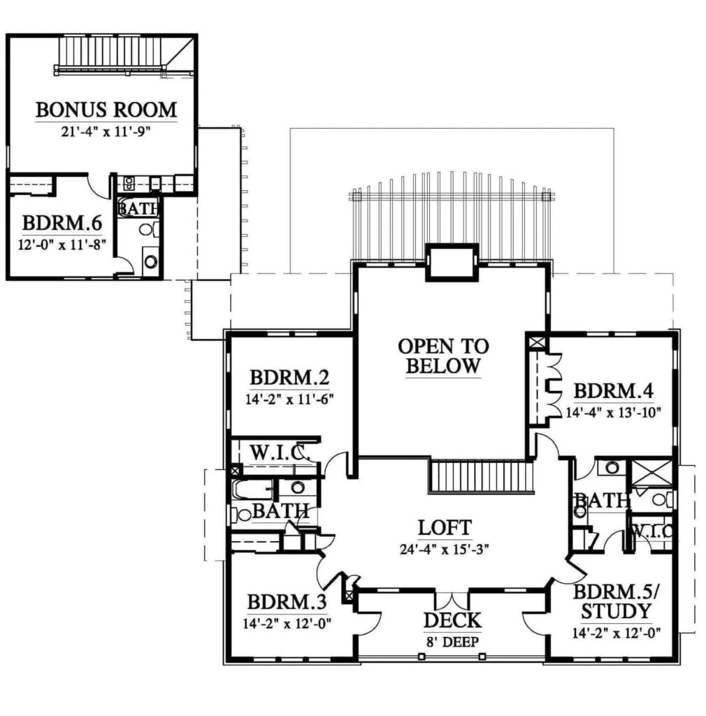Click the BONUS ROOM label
pos(106,110)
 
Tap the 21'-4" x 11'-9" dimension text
pos(106,132)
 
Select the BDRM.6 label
pos(62,223)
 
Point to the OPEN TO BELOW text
pos(443,356)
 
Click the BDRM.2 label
pos(289,378)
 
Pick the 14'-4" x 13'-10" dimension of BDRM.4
pos(613,413)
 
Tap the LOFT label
pos(445,528)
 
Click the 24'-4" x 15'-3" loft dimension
pos(445,550)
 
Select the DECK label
pos(452,621)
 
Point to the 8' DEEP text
pos(452,642)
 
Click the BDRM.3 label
pos(287,602)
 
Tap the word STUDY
pos(616,611)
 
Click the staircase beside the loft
pos(482,477)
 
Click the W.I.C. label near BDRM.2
pos(280,453)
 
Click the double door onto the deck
pos(452,601)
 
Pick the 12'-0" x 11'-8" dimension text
pos(62,245)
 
